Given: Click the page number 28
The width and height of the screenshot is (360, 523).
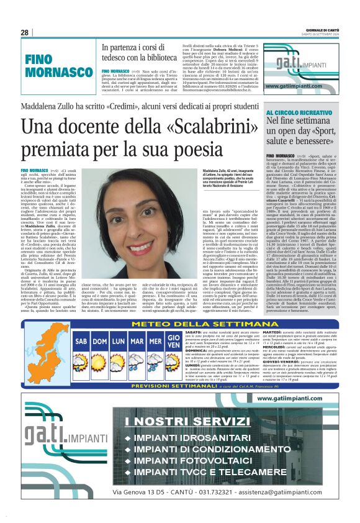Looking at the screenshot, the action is click(25, 32).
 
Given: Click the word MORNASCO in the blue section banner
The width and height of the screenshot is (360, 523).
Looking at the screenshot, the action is click(59, 73).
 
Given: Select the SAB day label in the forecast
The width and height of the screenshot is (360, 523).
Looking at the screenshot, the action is click(81, 342).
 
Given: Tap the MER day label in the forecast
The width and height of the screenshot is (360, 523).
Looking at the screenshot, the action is click(155, 342).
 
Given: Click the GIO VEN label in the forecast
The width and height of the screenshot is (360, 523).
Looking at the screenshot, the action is click(174, 342).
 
